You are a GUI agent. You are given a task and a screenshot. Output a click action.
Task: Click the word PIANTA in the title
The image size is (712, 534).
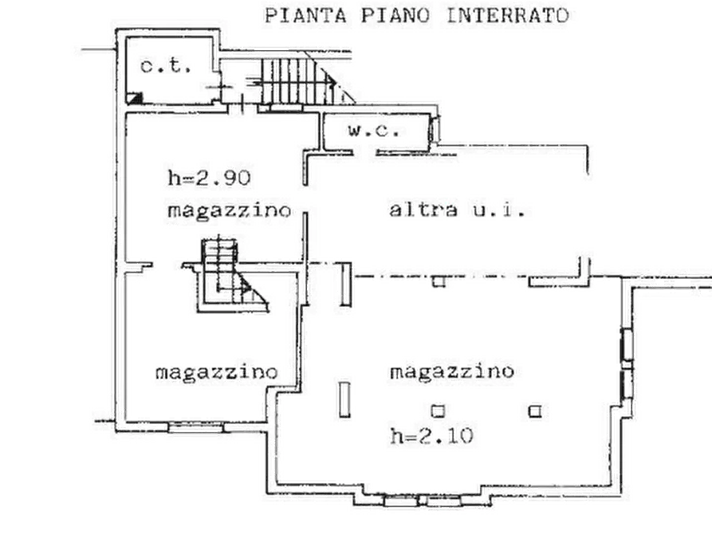[305, 15]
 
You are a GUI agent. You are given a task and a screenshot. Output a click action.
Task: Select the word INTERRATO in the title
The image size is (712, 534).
[508, 15]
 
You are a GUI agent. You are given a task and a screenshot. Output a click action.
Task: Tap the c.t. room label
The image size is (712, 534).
[166, 66]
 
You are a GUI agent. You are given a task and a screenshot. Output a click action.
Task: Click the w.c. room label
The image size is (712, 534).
[374, 131]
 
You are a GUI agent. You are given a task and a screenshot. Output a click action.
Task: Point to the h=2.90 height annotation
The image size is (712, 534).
[209, 178]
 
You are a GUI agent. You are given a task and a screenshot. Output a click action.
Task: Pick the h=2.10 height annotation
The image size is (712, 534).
[431, 436]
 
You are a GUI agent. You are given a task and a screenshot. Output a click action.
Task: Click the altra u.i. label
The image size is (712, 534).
[457, 210]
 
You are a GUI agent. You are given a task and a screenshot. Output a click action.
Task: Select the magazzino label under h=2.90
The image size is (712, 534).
[230, 210]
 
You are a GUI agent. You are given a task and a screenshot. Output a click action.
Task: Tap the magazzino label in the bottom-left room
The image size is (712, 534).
[216, 372]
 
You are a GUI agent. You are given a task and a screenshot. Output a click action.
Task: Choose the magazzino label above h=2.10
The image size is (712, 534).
[452, 371]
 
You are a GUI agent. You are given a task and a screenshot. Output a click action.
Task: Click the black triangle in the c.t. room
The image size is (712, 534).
[135, 98]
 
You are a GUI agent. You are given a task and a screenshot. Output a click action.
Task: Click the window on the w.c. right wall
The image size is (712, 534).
[435, 129]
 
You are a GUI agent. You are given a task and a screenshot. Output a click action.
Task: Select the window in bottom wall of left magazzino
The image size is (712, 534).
[195, 427]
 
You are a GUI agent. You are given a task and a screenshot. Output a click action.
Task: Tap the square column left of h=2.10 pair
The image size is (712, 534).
[438, 411]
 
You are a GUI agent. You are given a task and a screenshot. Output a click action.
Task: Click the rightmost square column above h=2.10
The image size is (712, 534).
[535, 411]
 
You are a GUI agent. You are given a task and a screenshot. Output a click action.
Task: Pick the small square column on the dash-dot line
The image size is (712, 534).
[439, 281]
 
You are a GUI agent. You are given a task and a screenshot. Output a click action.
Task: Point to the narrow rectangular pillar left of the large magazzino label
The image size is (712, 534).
[345, 399]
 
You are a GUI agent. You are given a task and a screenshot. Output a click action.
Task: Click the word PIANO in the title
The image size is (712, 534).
[395, 15]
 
